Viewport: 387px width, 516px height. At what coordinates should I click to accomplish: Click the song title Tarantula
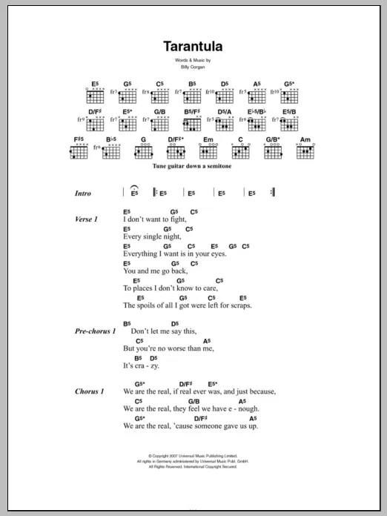click(x=193, y=46)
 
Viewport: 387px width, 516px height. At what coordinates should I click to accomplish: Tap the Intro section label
click(x=83, y=193)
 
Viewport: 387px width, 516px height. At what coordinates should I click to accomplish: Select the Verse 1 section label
click(x=87, y=220)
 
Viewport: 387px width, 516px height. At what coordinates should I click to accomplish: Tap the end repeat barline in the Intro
click(x=273, y=193)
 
